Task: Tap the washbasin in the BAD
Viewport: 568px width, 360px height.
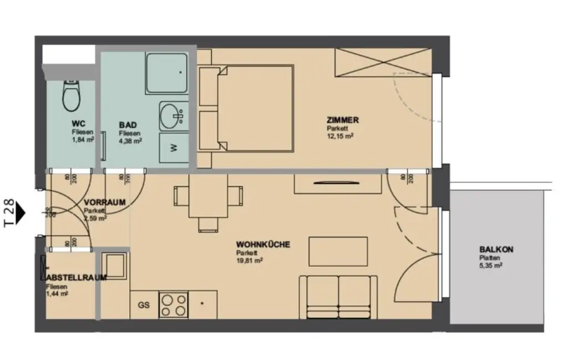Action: [172, 116]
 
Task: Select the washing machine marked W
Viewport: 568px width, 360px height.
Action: [173, 148]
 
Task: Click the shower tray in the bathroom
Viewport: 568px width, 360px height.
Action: [166, 73]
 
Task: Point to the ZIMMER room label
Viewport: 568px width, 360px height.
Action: [343, 120]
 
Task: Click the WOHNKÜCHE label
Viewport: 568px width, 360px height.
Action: [263, 245]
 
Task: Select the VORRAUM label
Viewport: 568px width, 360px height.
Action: [104, 202]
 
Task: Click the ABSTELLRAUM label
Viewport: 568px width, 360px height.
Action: [77, 277]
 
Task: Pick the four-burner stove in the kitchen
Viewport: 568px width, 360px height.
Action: [173, 305]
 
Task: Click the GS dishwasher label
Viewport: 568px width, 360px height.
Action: [144, 305]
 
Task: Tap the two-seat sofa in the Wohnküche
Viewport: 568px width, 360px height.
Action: [338, 297]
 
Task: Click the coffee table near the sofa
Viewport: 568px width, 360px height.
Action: [338, 251]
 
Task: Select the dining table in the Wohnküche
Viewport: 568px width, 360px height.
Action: [208, 195]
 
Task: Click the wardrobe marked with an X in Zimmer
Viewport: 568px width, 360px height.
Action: [383, 63]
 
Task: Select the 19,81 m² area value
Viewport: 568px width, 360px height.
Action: [249, 260]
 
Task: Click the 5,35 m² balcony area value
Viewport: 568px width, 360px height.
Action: [491, 266]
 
